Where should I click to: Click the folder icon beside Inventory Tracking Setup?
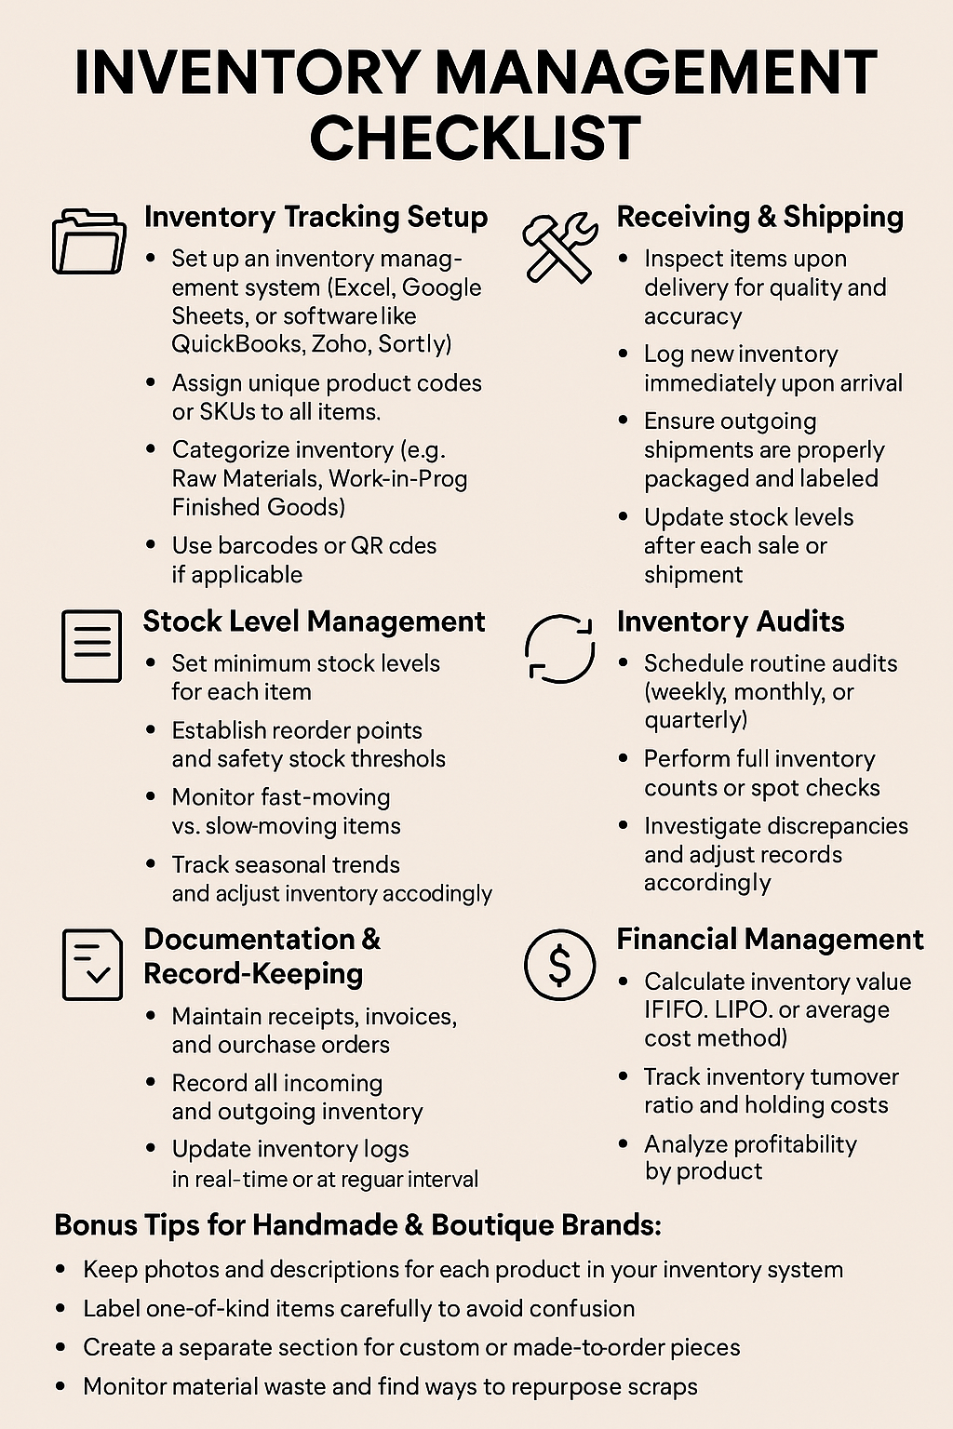click(88, 241)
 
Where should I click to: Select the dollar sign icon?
click(559, 965)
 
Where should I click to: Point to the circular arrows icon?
click(559, 648)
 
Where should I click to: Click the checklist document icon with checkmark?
click(91, 965)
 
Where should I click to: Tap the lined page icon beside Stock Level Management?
click(91, 646)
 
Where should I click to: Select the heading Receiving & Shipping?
click(759, 217)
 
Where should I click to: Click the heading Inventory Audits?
click(731, 621)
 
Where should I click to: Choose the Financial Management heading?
click(770, 940)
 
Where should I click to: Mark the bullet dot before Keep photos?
click(60, 1270)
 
